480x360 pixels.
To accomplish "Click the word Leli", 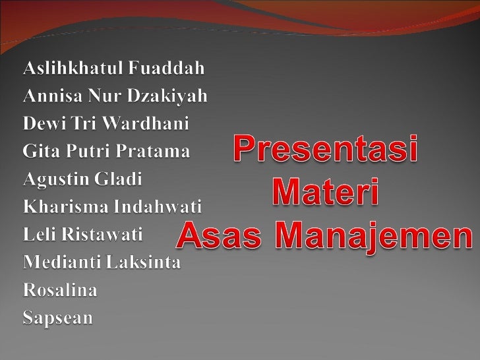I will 39,234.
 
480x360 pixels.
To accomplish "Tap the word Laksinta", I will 144,262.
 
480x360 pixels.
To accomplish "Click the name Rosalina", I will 60,289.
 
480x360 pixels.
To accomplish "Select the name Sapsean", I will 58,318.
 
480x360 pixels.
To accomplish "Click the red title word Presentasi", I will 326,150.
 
